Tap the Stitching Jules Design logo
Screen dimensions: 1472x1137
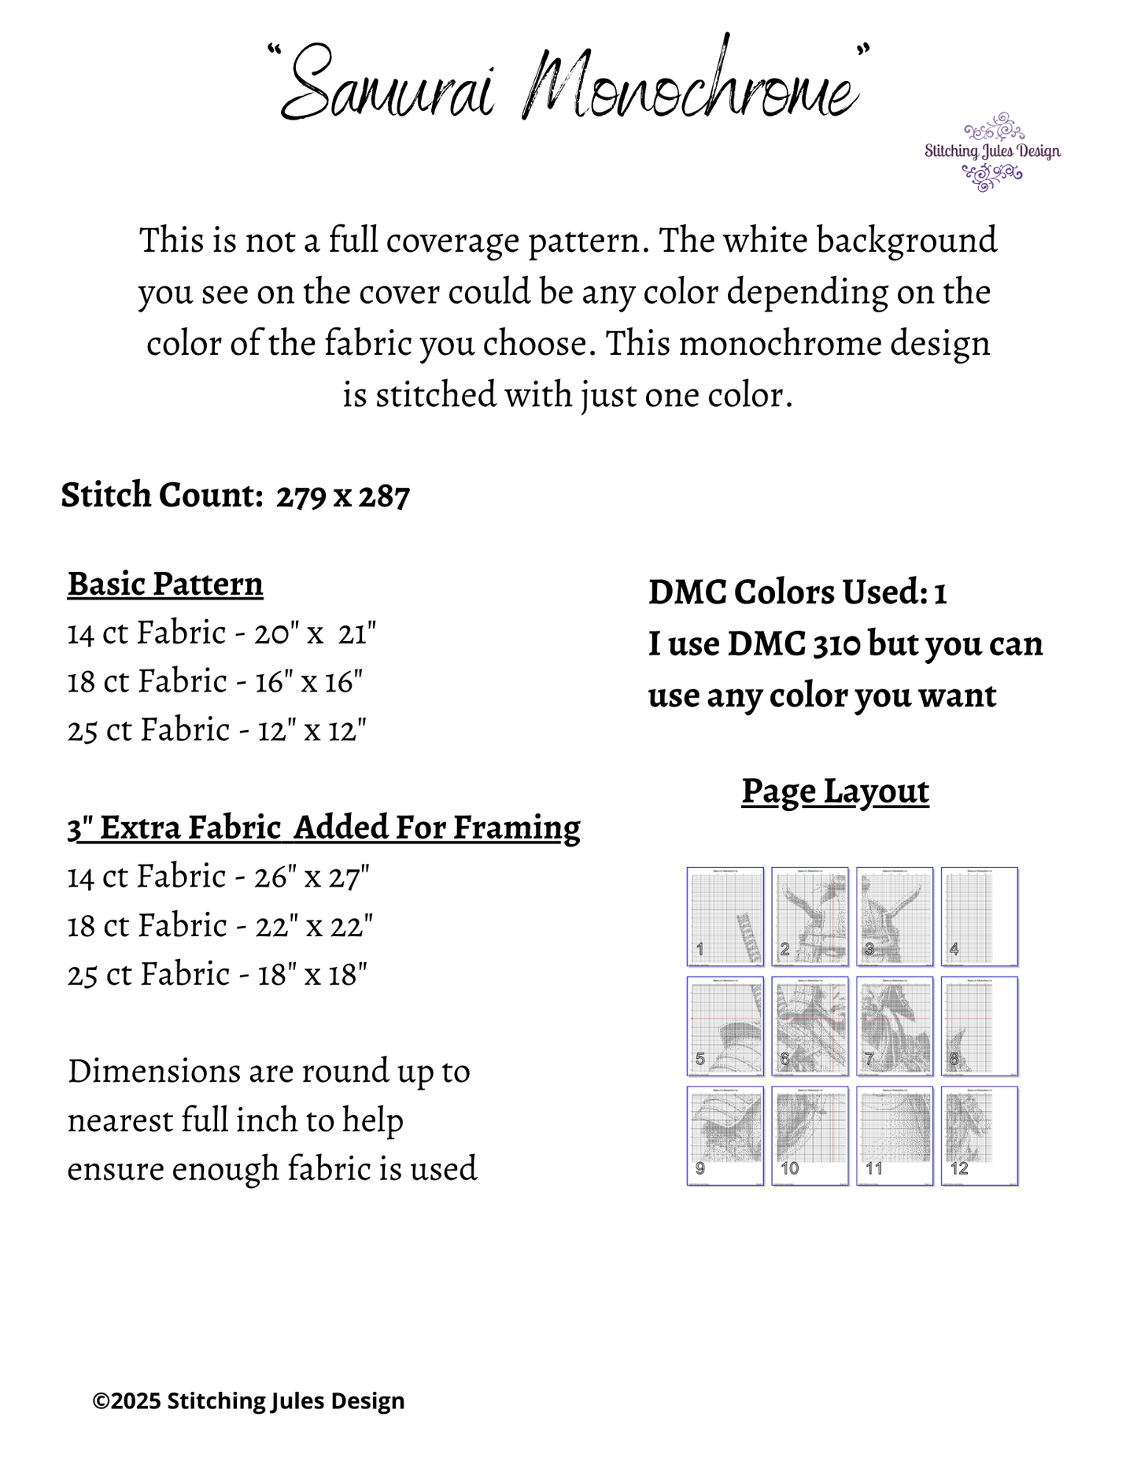tap(992, 152)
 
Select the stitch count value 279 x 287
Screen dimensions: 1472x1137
tap(343, 496)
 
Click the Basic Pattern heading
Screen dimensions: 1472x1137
tap(165, 584)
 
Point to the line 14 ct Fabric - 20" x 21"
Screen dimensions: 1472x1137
tap(222, 633)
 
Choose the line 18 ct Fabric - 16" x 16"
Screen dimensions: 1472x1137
tap(215, 681)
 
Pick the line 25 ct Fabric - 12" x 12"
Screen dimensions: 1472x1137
tap(217, 730)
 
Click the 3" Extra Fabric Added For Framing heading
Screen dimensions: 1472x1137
tap(323, 828)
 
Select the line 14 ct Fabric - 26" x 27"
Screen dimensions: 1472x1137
tap(219, 876)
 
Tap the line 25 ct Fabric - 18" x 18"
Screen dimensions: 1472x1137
tap(217, 974)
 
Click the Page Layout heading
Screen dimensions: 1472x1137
tap(835, 791)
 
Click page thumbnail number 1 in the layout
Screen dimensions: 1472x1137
tap(725, 917)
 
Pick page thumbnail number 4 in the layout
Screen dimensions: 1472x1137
tap(980, 917)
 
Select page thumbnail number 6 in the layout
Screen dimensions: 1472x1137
tap(810, 1026)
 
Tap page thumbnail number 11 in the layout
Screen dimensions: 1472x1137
tap(895, 1136)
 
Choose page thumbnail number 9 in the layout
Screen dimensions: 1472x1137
tap(725, 1136)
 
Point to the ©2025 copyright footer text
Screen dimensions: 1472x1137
tap(249, 1401)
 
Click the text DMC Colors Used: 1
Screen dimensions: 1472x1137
tap(797, 592)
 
